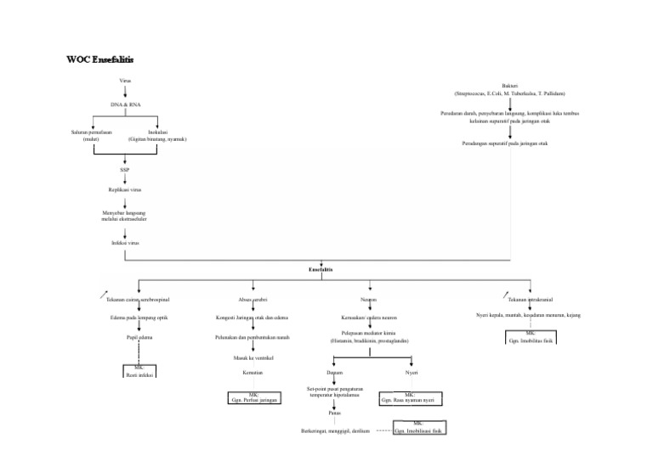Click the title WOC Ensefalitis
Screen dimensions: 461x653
point(99,60)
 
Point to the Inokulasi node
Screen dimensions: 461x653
point(157,135)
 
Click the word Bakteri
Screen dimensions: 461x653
point(510,87)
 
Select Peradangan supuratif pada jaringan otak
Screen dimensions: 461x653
point(510,143)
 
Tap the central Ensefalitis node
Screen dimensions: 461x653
point(321,269)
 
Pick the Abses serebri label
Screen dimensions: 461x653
point(253,300)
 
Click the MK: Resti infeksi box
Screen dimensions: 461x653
point(138,371)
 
